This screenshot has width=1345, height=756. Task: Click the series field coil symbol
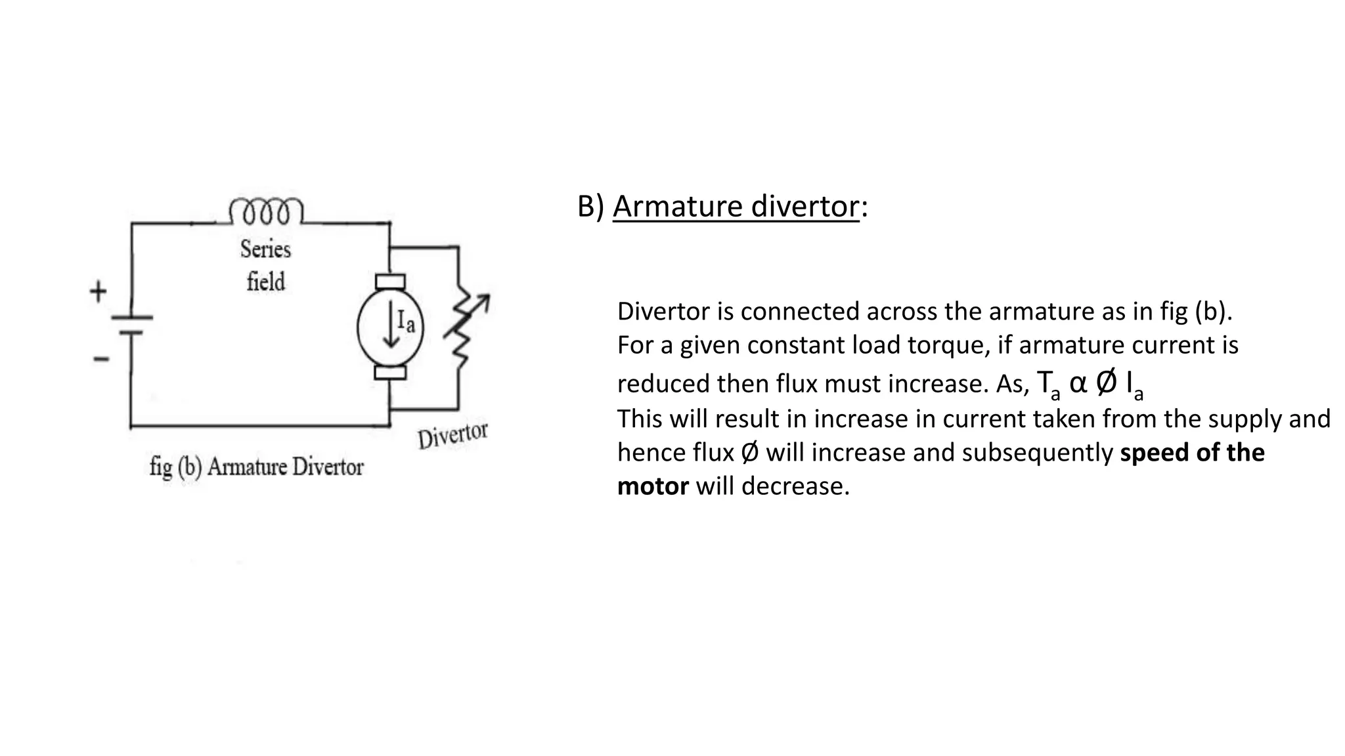(266, 211)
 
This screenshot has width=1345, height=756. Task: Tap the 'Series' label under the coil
(265, 249)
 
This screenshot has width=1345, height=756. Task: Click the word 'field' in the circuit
(266, 282)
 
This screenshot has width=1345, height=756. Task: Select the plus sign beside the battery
(98, 291)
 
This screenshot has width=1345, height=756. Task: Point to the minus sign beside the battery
(100, 359)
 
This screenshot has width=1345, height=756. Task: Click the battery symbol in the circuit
(131, 325)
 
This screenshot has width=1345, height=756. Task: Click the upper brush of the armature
(390, 282)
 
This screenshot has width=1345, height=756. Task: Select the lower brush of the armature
(390, 373)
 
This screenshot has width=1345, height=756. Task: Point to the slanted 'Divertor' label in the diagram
(452, 435)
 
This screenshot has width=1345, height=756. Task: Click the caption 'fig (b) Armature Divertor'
(256, 467)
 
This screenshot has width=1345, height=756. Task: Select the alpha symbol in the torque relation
(1078, 383)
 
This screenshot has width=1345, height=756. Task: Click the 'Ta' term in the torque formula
(1048, 384)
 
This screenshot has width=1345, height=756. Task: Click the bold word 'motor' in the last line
(653, 486)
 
